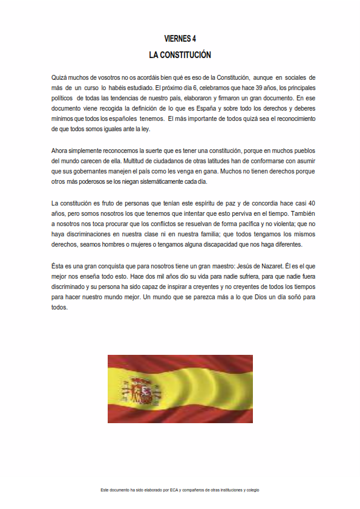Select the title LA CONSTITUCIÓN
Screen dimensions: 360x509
point(180,54)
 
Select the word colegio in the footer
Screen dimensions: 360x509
point(251,490)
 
